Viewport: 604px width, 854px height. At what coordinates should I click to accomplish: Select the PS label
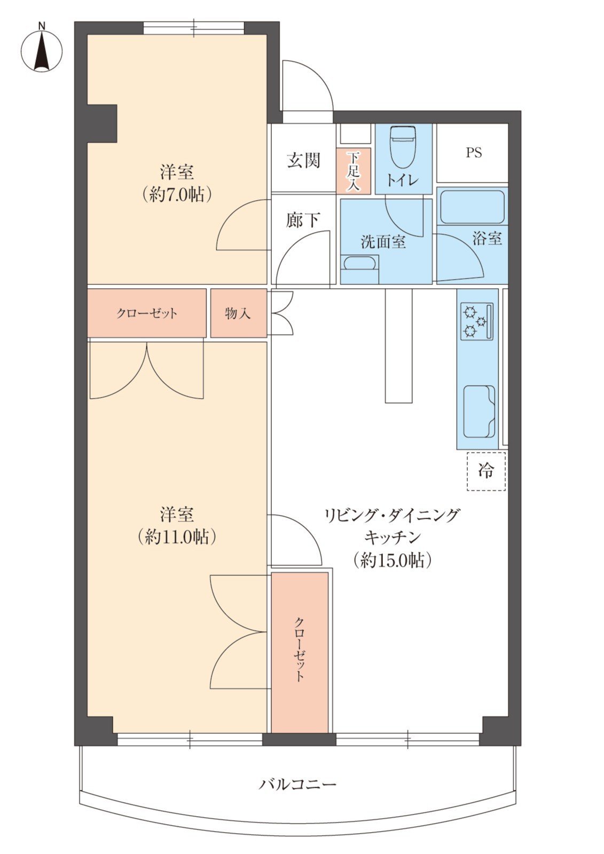(474, 153)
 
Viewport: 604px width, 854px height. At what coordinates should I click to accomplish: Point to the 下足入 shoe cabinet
(354, 170)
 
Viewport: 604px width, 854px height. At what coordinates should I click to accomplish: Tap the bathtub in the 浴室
(473, 207)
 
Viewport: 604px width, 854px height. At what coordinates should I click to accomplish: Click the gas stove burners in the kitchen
(477, 321)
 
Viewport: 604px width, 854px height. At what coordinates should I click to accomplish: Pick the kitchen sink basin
(479, 412)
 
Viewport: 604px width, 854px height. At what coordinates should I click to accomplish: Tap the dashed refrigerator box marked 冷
(486, 471)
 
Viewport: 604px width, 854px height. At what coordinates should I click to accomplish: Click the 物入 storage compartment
(239, 313)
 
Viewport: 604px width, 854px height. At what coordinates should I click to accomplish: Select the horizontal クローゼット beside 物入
(147, 313)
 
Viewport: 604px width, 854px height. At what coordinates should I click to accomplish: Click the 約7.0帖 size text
(177, 195)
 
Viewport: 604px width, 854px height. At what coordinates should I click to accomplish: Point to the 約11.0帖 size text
(177, 537)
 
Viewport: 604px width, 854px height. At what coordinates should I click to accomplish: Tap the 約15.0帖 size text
(392, 560)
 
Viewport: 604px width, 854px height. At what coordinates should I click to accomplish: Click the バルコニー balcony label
(297, 784)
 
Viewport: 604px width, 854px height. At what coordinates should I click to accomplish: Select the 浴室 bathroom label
(487, 238)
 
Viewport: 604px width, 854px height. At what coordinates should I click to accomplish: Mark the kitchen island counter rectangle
(399, 345)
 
